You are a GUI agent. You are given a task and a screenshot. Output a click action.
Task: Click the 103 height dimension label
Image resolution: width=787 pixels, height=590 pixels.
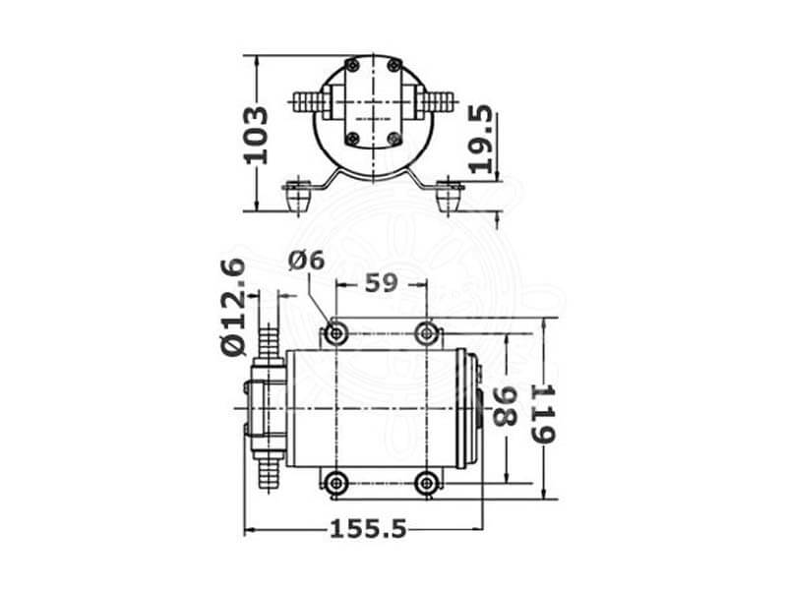click(256, 135)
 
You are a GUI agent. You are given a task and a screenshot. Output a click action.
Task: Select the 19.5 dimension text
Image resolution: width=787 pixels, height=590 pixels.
click(480, 139)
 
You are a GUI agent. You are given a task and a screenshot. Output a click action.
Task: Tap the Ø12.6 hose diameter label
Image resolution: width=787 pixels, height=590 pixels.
click(233, 307)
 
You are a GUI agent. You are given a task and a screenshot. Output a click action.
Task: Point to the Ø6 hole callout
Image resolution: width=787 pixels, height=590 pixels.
click(306, 261)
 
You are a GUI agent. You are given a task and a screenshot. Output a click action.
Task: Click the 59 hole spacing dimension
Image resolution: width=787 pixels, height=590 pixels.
click(381, 283)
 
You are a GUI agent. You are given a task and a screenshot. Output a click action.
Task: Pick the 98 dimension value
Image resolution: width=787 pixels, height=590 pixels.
click(504, 406)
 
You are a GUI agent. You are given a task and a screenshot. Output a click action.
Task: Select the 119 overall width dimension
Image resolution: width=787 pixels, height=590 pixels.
click(543, 414)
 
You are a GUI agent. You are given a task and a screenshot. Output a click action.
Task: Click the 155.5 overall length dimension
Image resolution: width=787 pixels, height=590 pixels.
click(367, 529)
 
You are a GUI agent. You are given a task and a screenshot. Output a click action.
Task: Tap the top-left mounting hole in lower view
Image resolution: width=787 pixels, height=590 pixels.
click(335, 332)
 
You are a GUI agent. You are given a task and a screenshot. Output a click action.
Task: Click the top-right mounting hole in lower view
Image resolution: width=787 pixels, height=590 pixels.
click(427, 332)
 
